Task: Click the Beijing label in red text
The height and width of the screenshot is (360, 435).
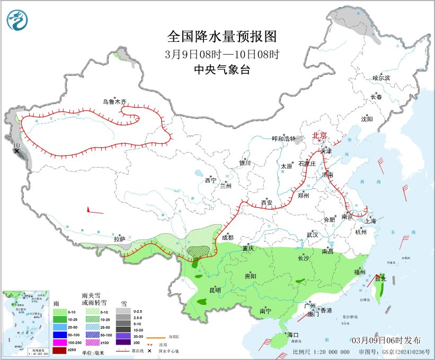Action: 320,135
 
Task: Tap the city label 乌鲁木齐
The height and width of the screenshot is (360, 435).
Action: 115,101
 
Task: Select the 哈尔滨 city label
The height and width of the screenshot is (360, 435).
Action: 381,78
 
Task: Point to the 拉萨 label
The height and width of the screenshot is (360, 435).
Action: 119,239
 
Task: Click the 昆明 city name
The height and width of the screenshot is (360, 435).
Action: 215,290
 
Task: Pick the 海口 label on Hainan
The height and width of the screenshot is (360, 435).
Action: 293,335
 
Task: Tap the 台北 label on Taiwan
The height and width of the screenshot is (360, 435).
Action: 380,278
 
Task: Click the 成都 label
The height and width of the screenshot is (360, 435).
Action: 227,238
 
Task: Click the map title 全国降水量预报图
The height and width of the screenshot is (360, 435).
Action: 222,37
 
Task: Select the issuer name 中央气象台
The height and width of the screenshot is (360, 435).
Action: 221,69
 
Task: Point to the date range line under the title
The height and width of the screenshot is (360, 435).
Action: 221,54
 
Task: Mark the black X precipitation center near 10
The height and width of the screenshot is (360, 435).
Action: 16,151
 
